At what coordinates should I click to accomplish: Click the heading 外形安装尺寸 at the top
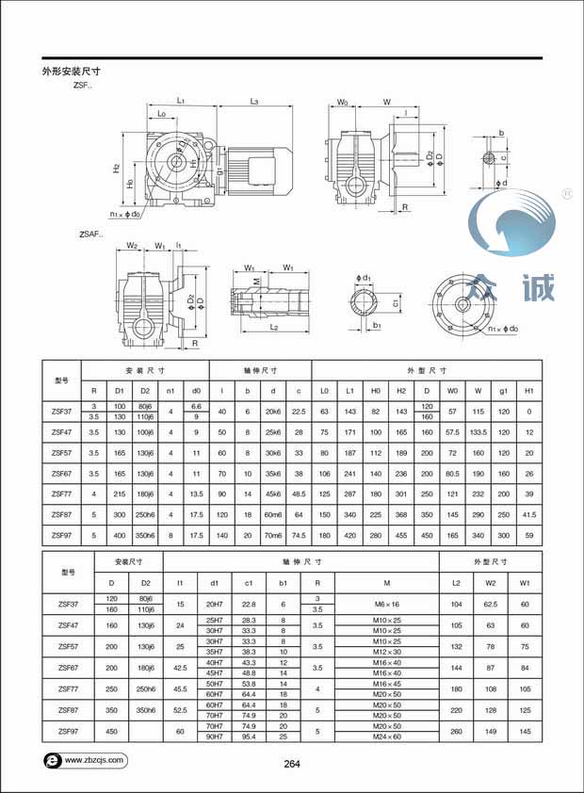tap(72, 71)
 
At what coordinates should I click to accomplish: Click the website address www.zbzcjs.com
tap(94, 758)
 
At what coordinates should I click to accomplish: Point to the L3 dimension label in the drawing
tap(254, 100)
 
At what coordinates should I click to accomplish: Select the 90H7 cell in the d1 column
tap(215, 736)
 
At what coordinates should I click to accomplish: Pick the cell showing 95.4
tap(250, 736)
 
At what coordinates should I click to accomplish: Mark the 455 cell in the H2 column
tap(402, 535)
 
